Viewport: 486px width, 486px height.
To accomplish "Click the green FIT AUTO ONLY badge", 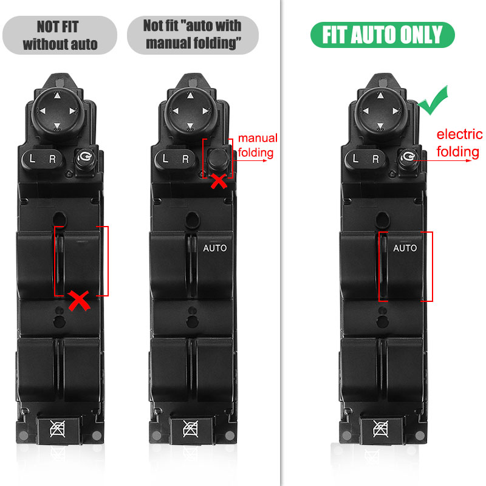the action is click(x=383, y=35).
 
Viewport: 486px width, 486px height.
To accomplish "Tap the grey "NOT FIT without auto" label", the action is click(x=60, y=35).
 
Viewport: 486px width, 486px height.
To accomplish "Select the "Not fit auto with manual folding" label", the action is click(x=193, y=35).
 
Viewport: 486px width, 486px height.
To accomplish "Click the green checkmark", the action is click(x=433, y=100).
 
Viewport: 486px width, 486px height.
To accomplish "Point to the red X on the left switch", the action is click(x=80, y=300).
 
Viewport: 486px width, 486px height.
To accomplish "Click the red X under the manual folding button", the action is click(x=219, y=181).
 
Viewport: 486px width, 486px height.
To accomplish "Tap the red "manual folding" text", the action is click(x=257, y=145).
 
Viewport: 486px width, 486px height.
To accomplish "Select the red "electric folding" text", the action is click(x=459, y=143).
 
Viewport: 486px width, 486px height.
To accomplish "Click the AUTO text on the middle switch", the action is click(x=215, y=248).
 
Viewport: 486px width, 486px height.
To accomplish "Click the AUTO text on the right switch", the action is click(x=405, y=248).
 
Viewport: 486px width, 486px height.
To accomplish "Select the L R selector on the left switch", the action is click(x=42, y=159).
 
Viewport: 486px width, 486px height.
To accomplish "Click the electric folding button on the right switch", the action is click(x=408, y=159).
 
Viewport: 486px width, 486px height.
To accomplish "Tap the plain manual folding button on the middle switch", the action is click(x=217, y=159).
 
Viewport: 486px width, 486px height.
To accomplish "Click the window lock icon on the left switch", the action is click(x=58, y=430).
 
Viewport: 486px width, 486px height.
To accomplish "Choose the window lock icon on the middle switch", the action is click(x=191, y=430).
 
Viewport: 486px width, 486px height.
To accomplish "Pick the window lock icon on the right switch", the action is click(x=381, y=430).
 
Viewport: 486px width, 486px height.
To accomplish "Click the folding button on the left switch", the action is click(x=85, y=159).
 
